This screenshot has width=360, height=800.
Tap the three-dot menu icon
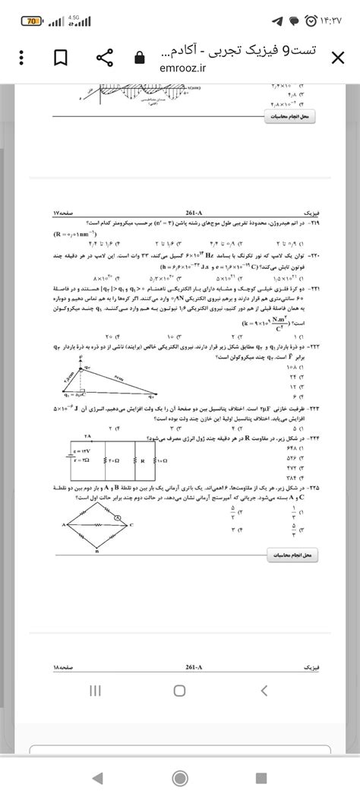coord(22,58)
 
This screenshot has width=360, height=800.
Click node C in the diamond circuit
coord(132,524)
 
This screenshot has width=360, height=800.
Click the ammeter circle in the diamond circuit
coord(117,517)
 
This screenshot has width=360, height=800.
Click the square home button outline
coord(179,690)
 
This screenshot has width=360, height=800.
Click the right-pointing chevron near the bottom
coord(264,690)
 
